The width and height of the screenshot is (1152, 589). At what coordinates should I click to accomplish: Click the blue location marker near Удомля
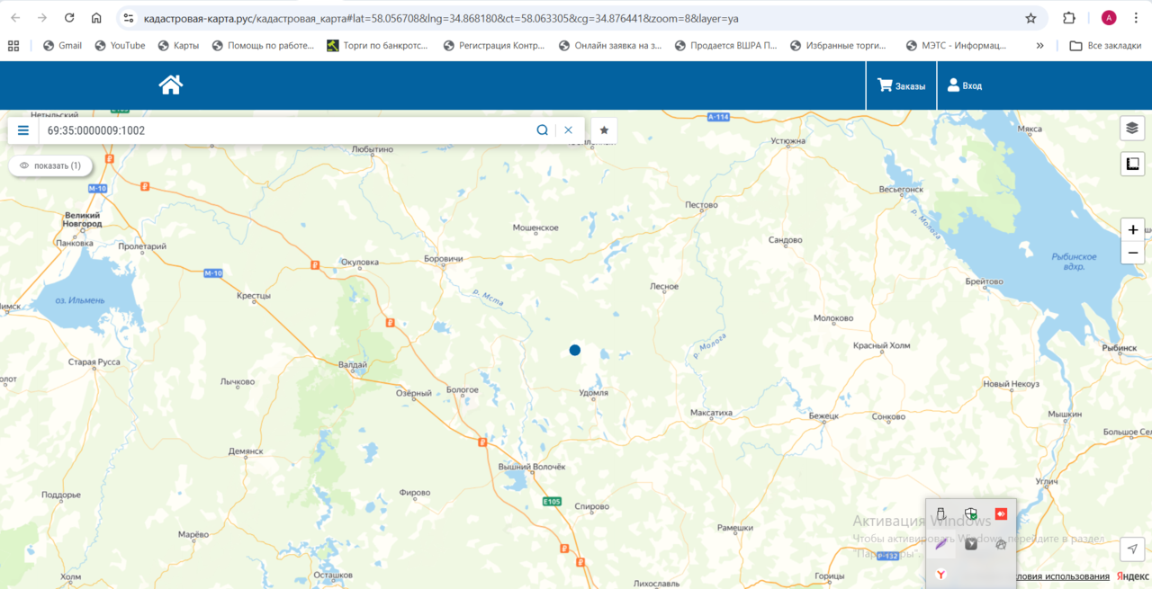[x=575, y=350]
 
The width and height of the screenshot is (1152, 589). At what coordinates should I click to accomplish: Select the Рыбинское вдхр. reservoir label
[x=1074, y=262]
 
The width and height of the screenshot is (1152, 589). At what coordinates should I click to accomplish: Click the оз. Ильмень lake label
[x=80, y=300]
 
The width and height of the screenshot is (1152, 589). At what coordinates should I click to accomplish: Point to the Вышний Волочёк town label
[x=531, y=467]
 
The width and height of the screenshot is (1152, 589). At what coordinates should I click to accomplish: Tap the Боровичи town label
[x=443, y=259]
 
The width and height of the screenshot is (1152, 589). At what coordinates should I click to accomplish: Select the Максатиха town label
[x=711, y=413]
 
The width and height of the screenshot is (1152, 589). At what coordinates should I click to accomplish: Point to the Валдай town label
[x=352, y=364]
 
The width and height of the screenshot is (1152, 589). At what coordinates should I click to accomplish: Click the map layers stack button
[x=1132, y=129]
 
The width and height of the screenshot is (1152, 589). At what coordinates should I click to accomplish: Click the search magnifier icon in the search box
[x=543, y=130]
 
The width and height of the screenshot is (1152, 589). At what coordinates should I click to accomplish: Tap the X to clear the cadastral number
[x=569, y=130]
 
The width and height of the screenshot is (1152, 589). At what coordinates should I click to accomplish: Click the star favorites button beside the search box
[x=604, y=130]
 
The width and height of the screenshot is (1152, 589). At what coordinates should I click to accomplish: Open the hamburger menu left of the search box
[x=23, y=130]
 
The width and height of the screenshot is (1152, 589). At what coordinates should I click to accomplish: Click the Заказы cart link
[x=902, y=85]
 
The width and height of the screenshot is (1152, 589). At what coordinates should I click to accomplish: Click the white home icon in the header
[x=171, y=85]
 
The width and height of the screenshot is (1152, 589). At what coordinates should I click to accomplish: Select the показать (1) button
[x=50, y=165]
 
